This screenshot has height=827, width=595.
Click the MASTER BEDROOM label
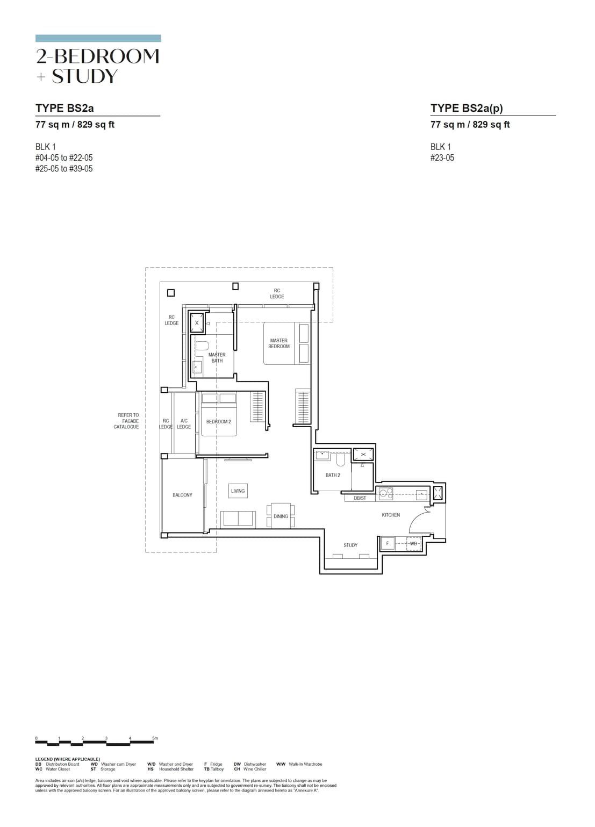tap(279, 343)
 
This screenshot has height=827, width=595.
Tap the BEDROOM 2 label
tap(218, 422)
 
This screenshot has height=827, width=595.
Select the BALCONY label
tap(182, 495)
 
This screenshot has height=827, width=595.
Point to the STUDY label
tap(350, 545)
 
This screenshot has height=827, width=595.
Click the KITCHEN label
tap(391, 515)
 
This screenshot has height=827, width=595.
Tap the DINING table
tap(281, 516)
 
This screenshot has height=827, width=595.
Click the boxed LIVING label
tap(238, 491)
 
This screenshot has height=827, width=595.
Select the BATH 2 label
tap(333, 475)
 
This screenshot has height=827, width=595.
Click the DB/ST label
tap(360, 498)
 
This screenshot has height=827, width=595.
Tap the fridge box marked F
tap(387, 543)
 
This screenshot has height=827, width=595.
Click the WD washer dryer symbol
tap(413, 543)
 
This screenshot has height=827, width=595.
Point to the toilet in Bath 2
tap(340, 460)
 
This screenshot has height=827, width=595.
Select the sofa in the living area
tap(238, 518)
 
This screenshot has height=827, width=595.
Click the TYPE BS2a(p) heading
tap(467, 108)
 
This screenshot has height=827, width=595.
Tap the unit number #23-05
tap(442, 158)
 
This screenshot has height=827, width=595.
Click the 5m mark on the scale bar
tap(155, 738)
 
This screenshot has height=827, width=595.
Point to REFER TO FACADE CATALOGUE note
tap(127, 421)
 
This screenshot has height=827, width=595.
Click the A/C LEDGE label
tap(184, 423)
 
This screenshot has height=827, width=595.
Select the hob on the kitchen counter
tap(386, 493)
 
